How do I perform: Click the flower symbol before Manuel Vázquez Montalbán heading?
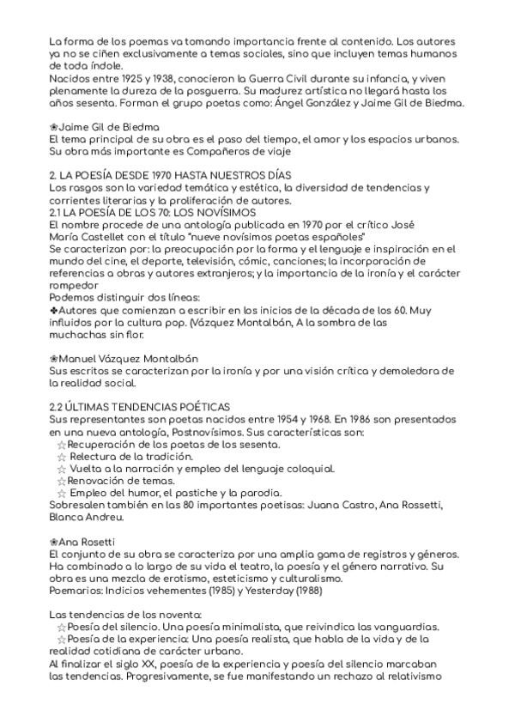point(53,356)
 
